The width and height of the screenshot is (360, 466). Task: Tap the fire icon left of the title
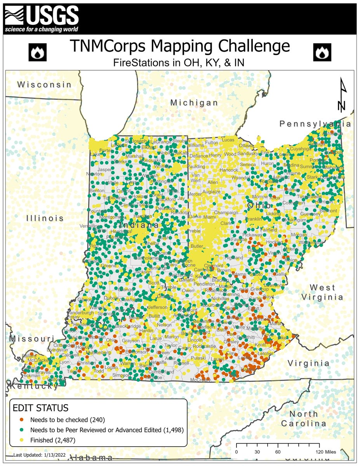[38, 52]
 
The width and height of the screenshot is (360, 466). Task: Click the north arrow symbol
[342, 96]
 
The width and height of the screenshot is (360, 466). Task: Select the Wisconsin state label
[44, 85]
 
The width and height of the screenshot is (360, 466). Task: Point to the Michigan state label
[194, 103]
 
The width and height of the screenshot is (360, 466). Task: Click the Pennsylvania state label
[315, 124]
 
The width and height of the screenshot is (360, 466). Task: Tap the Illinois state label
[45, 218]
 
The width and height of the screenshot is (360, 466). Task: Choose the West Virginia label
[322, 292]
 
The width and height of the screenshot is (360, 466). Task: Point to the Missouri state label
[32, 339]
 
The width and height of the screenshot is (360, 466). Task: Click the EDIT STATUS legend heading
[40, 408]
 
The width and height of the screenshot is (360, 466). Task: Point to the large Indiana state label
[139, 226]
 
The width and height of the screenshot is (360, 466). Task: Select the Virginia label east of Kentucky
[309, 363]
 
